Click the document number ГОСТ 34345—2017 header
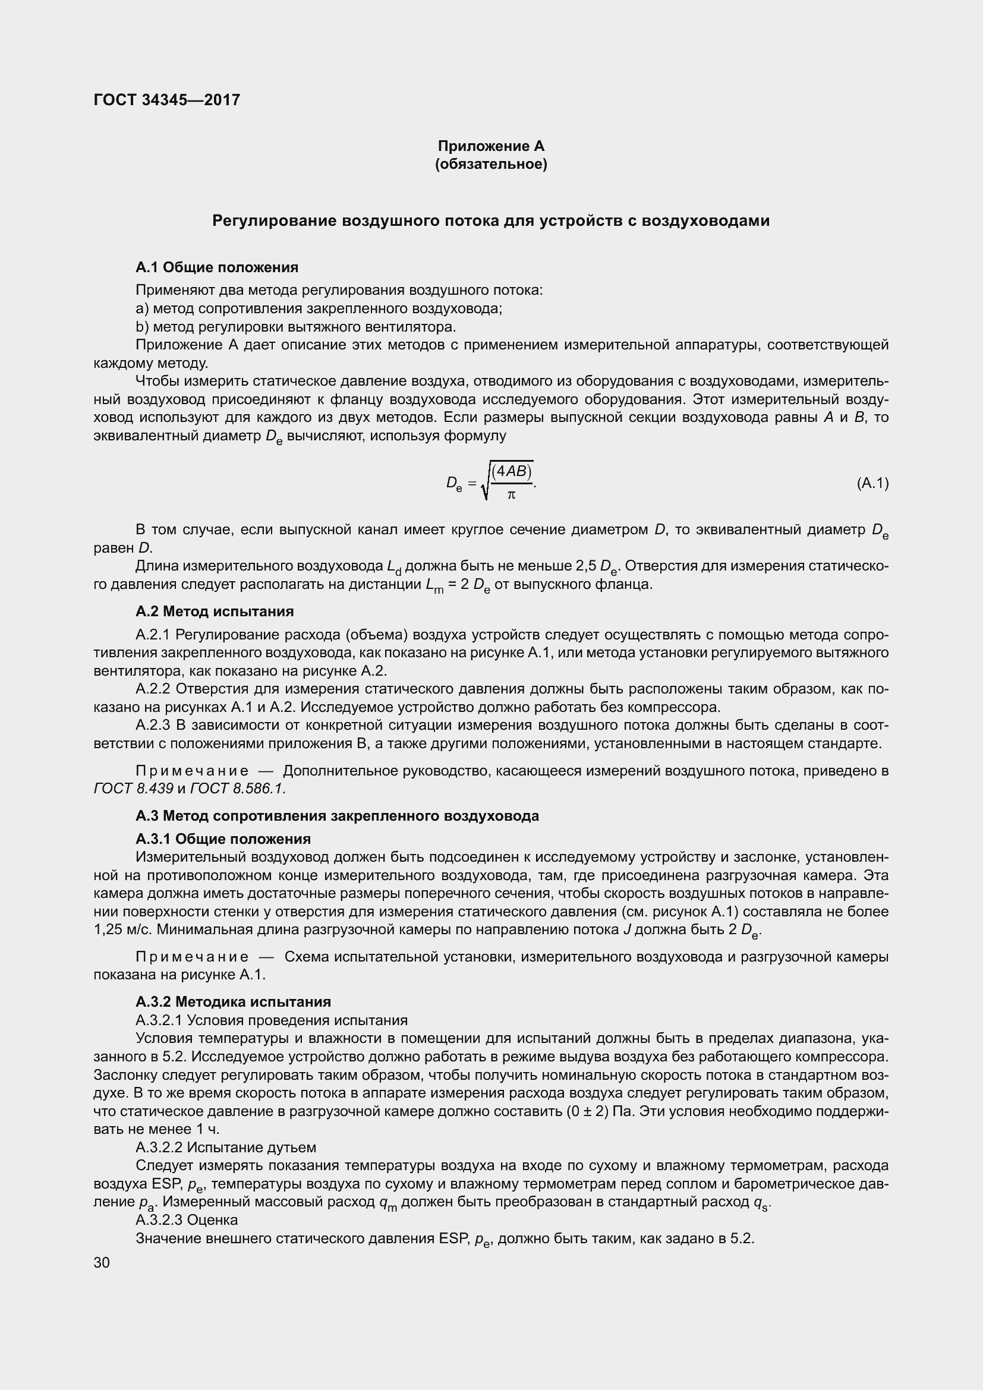[x=166, y=100]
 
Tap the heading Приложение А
[x=491, y=146]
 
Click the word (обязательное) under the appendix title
[x=491, y=165]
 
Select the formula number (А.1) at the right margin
[x=872, y=483]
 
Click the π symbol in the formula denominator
[x=511, y=495]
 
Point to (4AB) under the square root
[x=512, y=471]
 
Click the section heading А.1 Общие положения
[x=217, y=267]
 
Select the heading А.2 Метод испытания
[x=215, y=611]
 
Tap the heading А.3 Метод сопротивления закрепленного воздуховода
[x=337, y=815]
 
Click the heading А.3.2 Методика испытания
[x=233, y=1001]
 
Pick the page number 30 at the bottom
[x=102, y=1262]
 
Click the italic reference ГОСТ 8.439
[x=134, y=788]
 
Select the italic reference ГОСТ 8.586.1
[x=237, y=788]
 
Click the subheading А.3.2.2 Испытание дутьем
[x=226, y=1147]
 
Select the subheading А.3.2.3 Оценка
[x=187, y=1220]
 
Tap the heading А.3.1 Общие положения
[x=223, y=839]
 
